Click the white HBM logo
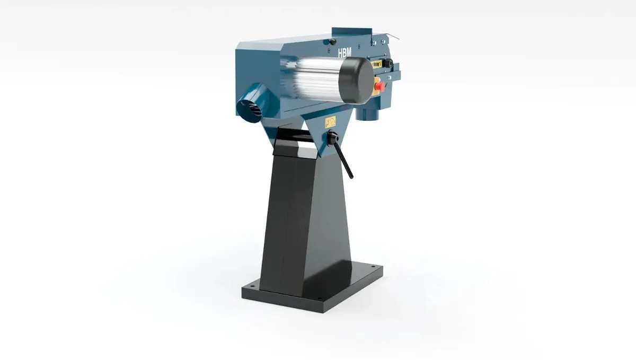pyautogui.click(x=344, y=52)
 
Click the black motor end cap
pyautogui.click(x=356, y=81)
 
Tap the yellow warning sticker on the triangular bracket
pyautogui.click(x=330, y=121)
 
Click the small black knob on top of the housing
pyautogui.click(x=332, y=41)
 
